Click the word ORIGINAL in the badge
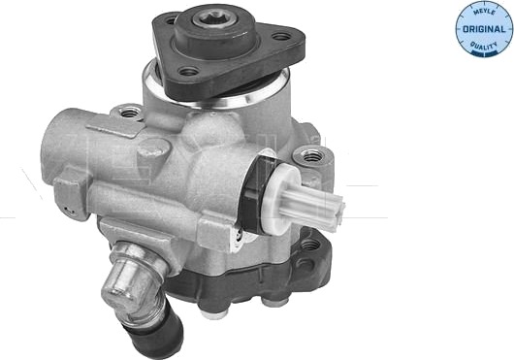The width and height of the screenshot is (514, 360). click(484, 29)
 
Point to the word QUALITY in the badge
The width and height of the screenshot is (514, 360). click(484, 46)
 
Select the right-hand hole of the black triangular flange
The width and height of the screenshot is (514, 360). click(281, 37)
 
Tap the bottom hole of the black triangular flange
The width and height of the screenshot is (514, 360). click(189, 71)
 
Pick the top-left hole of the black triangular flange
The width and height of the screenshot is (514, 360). click(171, 21)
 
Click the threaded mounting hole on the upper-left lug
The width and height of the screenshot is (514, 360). click(130, 114)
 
